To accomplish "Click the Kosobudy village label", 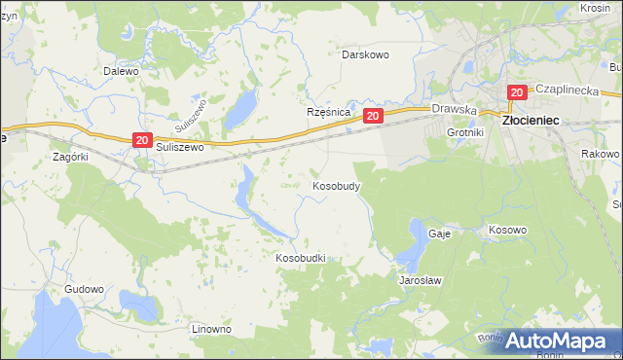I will click(338, 185).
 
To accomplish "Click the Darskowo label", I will click(365, 54).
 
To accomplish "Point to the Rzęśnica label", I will click(328, 112).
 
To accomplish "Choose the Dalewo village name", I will click(122, 71).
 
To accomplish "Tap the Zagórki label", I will click(71, 156).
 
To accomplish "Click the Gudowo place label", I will click(84, 289).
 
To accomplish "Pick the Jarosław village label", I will click(421, 280).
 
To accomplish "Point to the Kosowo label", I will click(507, 231).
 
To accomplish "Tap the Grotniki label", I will click(465, 131).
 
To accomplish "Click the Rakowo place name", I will click(600, 155).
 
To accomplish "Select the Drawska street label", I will click(453, 110).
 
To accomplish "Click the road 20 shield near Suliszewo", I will click(142, 141).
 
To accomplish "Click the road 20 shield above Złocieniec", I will click(516, 92).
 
